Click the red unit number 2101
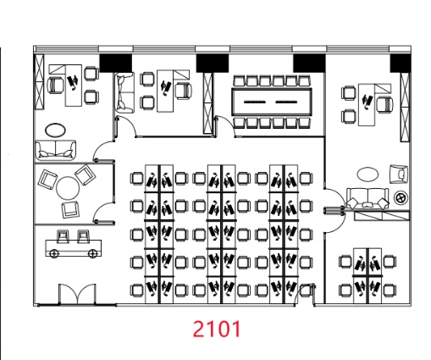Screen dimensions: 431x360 tap(217, 329)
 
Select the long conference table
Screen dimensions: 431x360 tap(272, 102)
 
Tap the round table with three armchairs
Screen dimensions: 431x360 tap(68, 188)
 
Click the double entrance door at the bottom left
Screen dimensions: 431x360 tap(77, 295)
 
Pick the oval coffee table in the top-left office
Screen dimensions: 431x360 tap(55, 130)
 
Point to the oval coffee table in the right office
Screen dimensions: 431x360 tap(367, 174)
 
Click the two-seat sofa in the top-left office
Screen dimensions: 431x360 tap(56, 150)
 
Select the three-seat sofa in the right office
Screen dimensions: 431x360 tap(367, 199)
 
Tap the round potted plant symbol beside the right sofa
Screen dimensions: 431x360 tap(401, 197)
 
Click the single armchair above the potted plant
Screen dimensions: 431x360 tap(399, 174)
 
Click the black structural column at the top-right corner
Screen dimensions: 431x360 tap(401, 63)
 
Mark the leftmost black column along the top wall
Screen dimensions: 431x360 tap(116, 63)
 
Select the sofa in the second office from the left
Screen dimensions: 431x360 tap(124, 92)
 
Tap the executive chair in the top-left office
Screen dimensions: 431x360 tap(56, 85)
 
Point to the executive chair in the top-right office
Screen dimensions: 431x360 tap(385, 104)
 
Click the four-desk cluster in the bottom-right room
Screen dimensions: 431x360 tap(367, 275)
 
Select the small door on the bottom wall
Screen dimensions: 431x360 tap(304, 295)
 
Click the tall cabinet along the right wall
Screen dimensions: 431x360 tap(405, 107)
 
